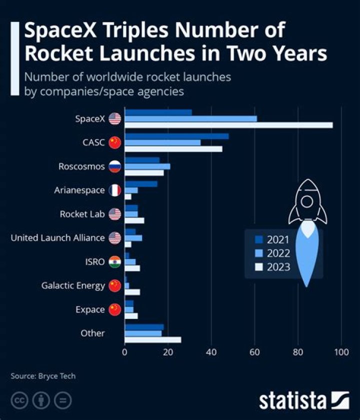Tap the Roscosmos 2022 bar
click(147, 166)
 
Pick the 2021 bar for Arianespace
click(141, 184)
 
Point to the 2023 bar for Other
click(153, 340)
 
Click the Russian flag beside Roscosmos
click(115, 166)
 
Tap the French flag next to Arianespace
click(115, 190)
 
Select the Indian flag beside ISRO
click(115, 261)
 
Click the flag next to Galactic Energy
click(115, 285)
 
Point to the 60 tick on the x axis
click(255, 351)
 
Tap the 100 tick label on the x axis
click(341, 351)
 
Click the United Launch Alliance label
click(57, 238)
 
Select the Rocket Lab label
click(82, 214)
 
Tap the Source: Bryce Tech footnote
click(43, 376)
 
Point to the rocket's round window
click(306, 201)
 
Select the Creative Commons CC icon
click(19, 400)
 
